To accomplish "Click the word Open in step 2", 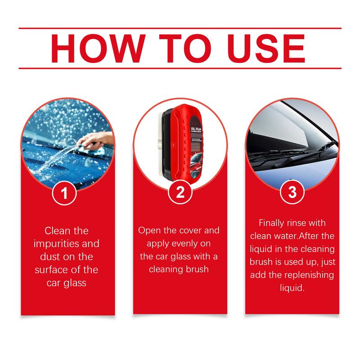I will tap(150, 231).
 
